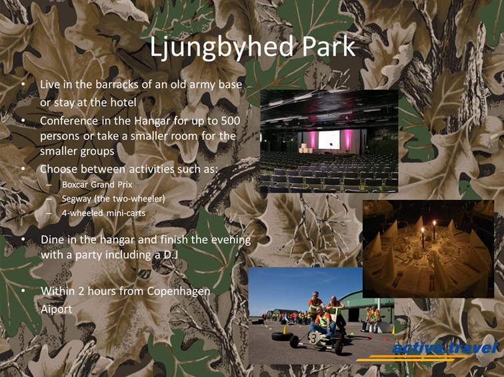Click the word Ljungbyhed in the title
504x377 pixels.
click(x=222, y=47)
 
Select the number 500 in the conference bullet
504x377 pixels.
click(x=231, y=121)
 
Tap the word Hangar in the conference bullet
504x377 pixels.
click(x=153, y=121)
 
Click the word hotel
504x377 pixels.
click(x=123, y=103)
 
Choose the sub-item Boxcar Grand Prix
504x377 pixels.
click(x=97, y=185)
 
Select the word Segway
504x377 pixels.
click(x=77, y=199)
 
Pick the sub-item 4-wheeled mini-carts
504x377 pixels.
click(x=103, y=213)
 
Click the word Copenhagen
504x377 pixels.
click(x=179, y=292)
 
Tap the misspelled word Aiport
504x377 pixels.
click(x=57, y=309)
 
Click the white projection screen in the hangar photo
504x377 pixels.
click(x=329, y=140)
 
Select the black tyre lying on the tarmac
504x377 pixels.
click(x=283, y=336)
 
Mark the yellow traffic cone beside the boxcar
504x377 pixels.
click(x=285, y=330)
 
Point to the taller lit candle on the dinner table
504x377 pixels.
click(x=435, y=229)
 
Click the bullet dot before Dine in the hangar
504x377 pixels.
click(x=23, y=239)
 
